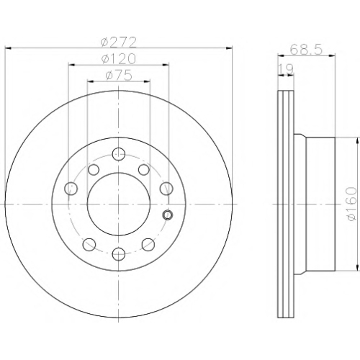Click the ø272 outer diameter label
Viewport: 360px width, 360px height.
pos(119,42)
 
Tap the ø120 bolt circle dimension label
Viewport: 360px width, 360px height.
pos(119,59)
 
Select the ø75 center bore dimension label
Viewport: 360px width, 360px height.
pos(119,76)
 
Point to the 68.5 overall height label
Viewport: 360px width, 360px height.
pos(306,50)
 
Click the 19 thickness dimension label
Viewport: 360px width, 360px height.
pos(286,69)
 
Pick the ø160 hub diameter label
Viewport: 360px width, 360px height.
pos(351,204)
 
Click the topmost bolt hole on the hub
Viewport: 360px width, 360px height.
pos(119,154)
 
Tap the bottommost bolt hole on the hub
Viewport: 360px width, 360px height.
pos(119,254)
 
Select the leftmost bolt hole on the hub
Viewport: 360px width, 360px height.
pos(71,189)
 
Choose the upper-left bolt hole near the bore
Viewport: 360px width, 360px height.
pos(94,170)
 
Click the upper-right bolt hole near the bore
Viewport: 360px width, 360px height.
pos(144,170)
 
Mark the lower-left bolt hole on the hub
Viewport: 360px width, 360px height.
pos(89,245)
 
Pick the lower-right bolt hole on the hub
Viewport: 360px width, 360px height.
pos(148,245)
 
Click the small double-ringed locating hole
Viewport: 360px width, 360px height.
pos(168,215)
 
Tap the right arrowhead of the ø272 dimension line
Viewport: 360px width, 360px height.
pos(230,48)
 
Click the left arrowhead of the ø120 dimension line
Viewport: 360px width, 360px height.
pos(71,65)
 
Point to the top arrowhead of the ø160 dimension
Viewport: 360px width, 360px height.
pos(358,141)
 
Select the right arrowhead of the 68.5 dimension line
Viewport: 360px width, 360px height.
pos(332,55)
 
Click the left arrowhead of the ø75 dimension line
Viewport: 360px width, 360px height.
pos(91,81)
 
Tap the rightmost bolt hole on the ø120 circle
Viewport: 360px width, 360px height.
pos(166,189)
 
